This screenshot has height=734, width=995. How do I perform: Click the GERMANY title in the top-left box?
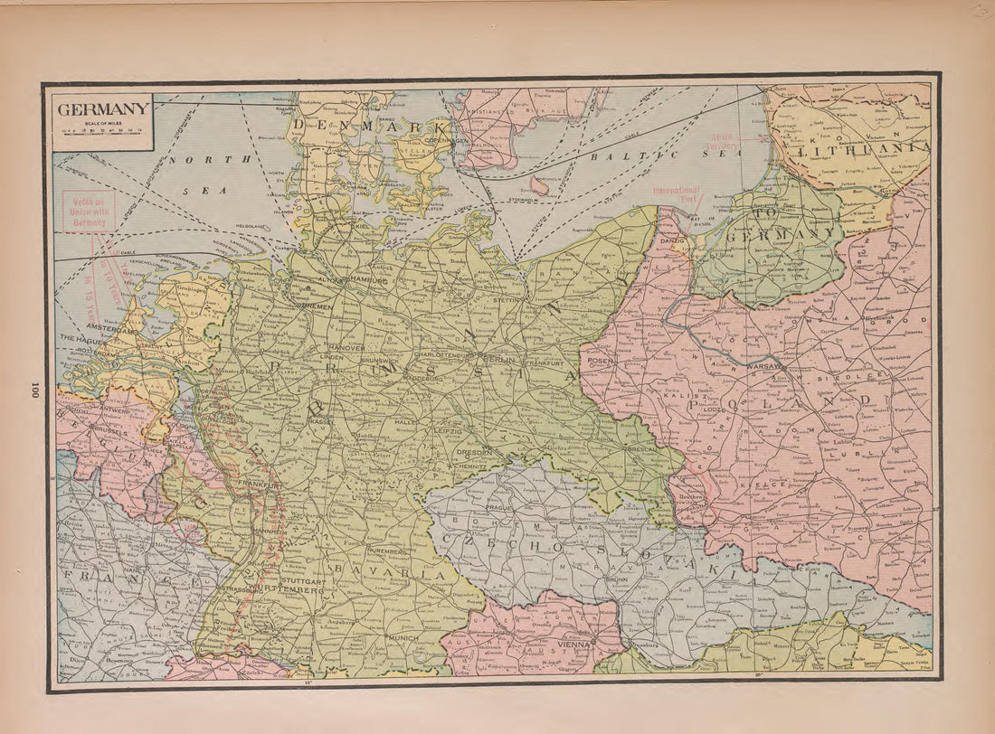(x=103, y=109)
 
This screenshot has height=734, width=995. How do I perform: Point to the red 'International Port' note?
(x=677, y=193)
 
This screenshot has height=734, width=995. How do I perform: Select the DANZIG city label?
(x=672, y=241)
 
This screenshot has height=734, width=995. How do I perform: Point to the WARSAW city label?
(x=764, y=367)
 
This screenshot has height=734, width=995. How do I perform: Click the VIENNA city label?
(x=575, y=645)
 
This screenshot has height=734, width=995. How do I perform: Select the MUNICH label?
(x=403, y=638)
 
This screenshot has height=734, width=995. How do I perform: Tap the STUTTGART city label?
(x=301, y=580)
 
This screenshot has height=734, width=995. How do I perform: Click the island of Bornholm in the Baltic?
(x=540, y=185)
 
